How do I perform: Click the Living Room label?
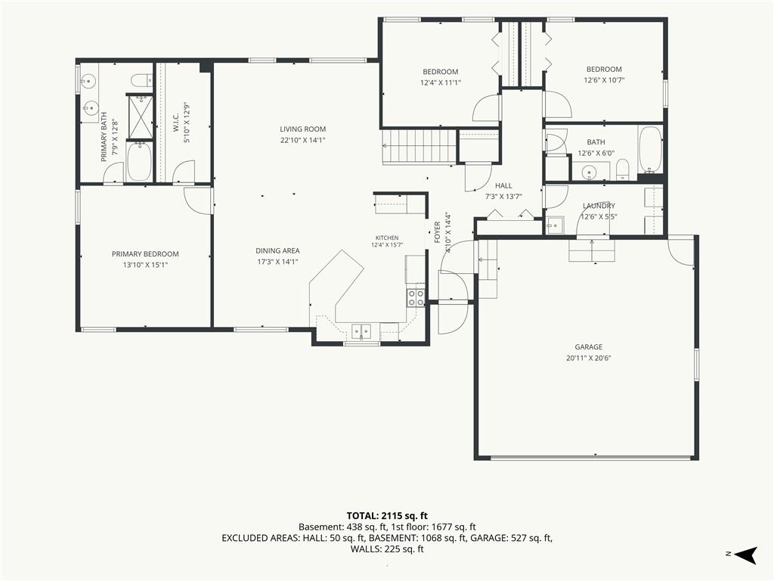click(302, 129)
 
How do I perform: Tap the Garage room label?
click(588, 346)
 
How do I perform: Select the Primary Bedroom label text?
click(145, 254)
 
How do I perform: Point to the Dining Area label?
click(277, 250)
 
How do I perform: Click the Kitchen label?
click(387, 238)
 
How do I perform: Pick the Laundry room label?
click(599, 206)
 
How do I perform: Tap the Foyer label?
click(438, 232)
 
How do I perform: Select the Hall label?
click(503, 185)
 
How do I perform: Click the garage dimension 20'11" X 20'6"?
click(588, 358)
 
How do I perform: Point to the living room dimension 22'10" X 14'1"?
click(302, 140)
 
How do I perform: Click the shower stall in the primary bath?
click(141, 117)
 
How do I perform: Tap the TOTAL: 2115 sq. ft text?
click(387, 516)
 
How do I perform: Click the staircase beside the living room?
click(419, 146)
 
